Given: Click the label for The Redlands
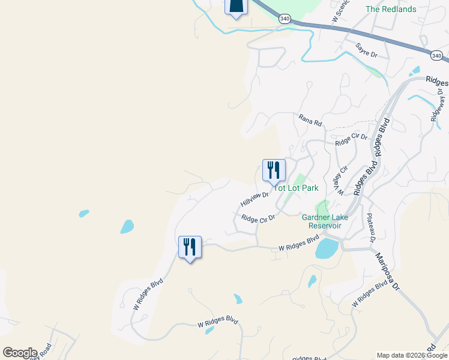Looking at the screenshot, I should point(391,9).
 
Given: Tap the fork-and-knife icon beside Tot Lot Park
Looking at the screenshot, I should point(274,170).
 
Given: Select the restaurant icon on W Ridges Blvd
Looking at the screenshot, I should point(190,247).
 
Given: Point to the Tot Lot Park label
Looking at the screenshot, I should point(297,188).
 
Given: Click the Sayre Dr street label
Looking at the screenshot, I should point(366,50).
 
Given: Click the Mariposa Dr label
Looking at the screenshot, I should point(387,271).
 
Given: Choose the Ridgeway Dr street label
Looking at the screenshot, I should point(436,105).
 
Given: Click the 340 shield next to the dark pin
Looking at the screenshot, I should point(285,19).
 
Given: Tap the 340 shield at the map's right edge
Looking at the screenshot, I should point(436,56).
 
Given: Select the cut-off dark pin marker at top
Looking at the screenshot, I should point(236,7).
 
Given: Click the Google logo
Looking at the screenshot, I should point(20,353).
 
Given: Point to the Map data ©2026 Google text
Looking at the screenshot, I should point(412,355).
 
